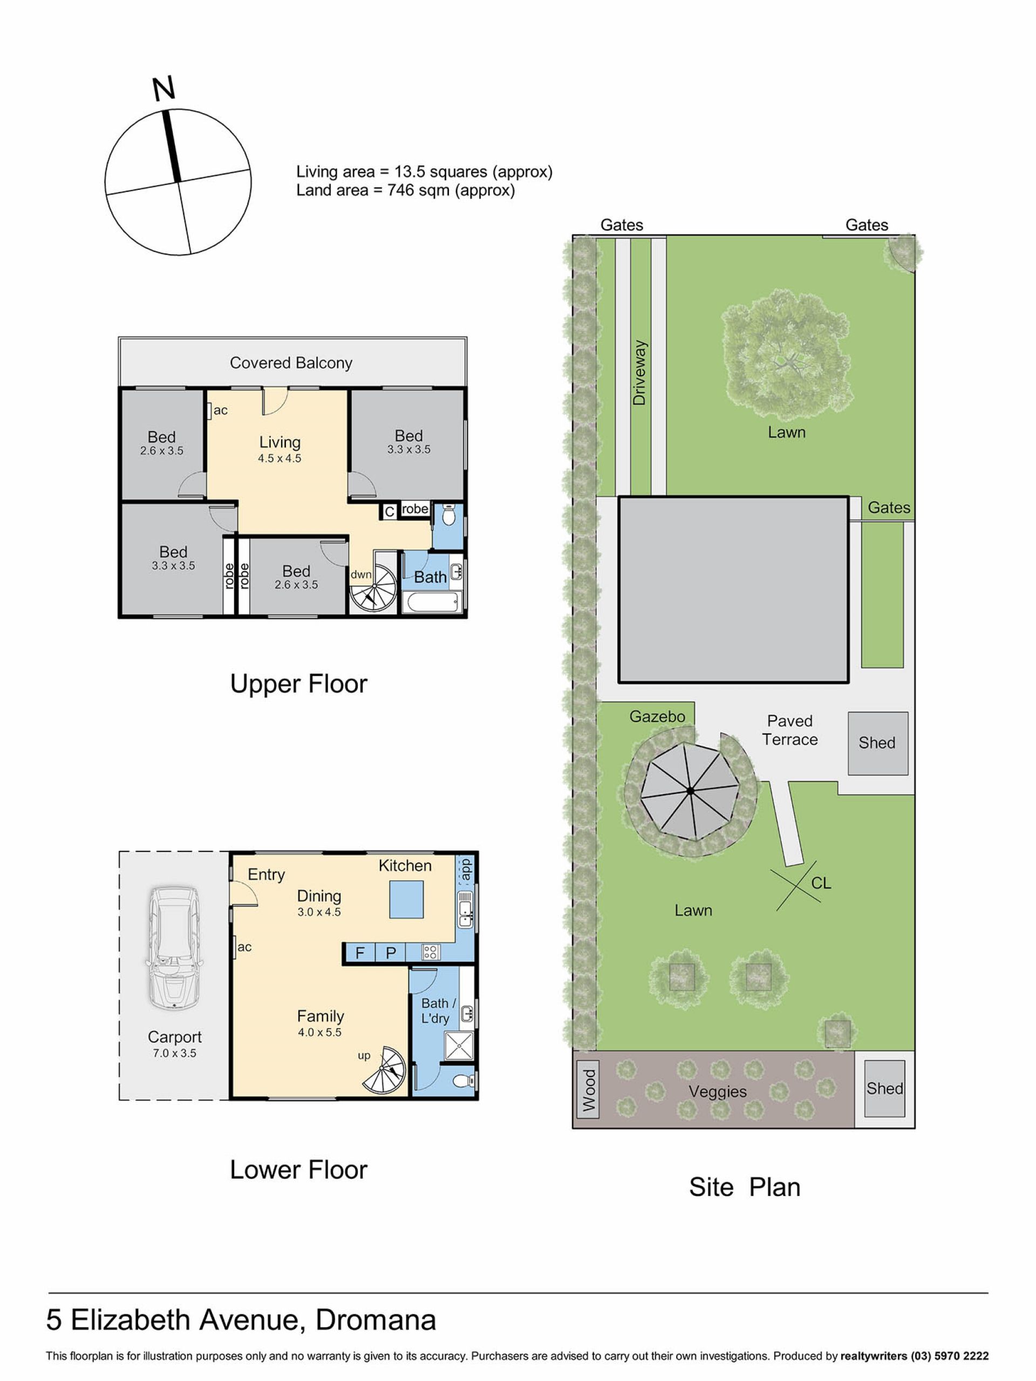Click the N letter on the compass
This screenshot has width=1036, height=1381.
[x=163, y=88]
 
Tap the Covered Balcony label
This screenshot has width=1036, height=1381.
[x=291, y=363]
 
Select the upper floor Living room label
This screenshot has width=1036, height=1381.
[x=280, y=442]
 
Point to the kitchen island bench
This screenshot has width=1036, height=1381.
[x=406, y=899]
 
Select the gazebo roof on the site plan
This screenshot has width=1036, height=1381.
[x=690, y=791]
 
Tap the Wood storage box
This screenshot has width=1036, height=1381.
[x=588, y=1090]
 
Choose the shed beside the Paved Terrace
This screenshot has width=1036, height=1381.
[x=877, y=743]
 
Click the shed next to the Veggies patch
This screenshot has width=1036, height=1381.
[x=884, y=1089]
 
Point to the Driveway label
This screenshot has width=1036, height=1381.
[x=639, y=373]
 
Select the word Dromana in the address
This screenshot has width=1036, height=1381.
[x=376, y=1320]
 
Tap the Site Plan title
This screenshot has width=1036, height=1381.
[x=745, y=1187]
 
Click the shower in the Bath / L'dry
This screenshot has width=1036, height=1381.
[x=458, y=1047]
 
